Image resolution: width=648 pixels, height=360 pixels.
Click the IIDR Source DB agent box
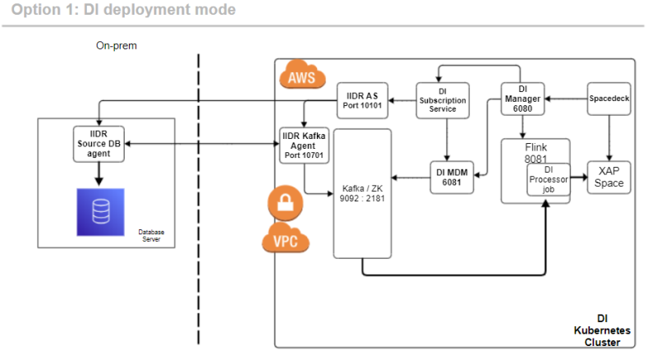(x=99, y=144)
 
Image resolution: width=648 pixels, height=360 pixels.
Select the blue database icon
(x=100, y=212)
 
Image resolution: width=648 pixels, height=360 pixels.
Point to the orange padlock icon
(x=285, y=203)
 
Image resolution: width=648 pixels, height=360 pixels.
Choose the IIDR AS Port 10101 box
(x=362, y=100)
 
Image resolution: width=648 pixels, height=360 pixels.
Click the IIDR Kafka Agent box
(x=304, y=145)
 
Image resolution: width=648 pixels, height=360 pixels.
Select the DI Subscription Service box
(x=443, y=100)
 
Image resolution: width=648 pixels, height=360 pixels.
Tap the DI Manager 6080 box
(x=523, y=99)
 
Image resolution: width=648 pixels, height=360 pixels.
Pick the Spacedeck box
(x=609, y=99)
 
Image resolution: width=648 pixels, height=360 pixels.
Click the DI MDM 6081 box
(x=452, y=178)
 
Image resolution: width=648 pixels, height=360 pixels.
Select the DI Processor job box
(x=549, y=179)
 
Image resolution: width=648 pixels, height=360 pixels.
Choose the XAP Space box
(x=609, y=178)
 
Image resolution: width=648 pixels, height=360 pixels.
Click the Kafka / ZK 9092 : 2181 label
(x=362, y=193)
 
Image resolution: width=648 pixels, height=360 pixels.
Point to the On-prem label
(x=117, y=45)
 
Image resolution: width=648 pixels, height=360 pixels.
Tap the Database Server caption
(x=151, y=235)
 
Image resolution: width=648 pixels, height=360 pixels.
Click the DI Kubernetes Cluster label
(x=602, y=330)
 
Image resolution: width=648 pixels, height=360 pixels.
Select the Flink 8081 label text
(x=536, y=153)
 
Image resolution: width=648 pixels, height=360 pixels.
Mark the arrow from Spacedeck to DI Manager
(x=566, y=99)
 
